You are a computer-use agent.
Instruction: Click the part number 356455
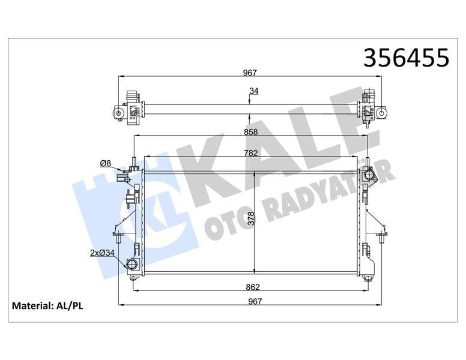point(407,58)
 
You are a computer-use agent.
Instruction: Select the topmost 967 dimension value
point(250,73)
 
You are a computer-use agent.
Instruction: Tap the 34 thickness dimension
point(254,91)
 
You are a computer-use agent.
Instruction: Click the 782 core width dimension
point(251,152)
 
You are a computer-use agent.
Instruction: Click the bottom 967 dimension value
point(256,301)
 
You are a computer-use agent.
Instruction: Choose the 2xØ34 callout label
point(102,253)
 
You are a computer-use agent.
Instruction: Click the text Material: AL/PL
point(47,306)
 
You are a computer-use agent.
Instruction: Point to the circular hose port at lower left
point(132,265)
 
